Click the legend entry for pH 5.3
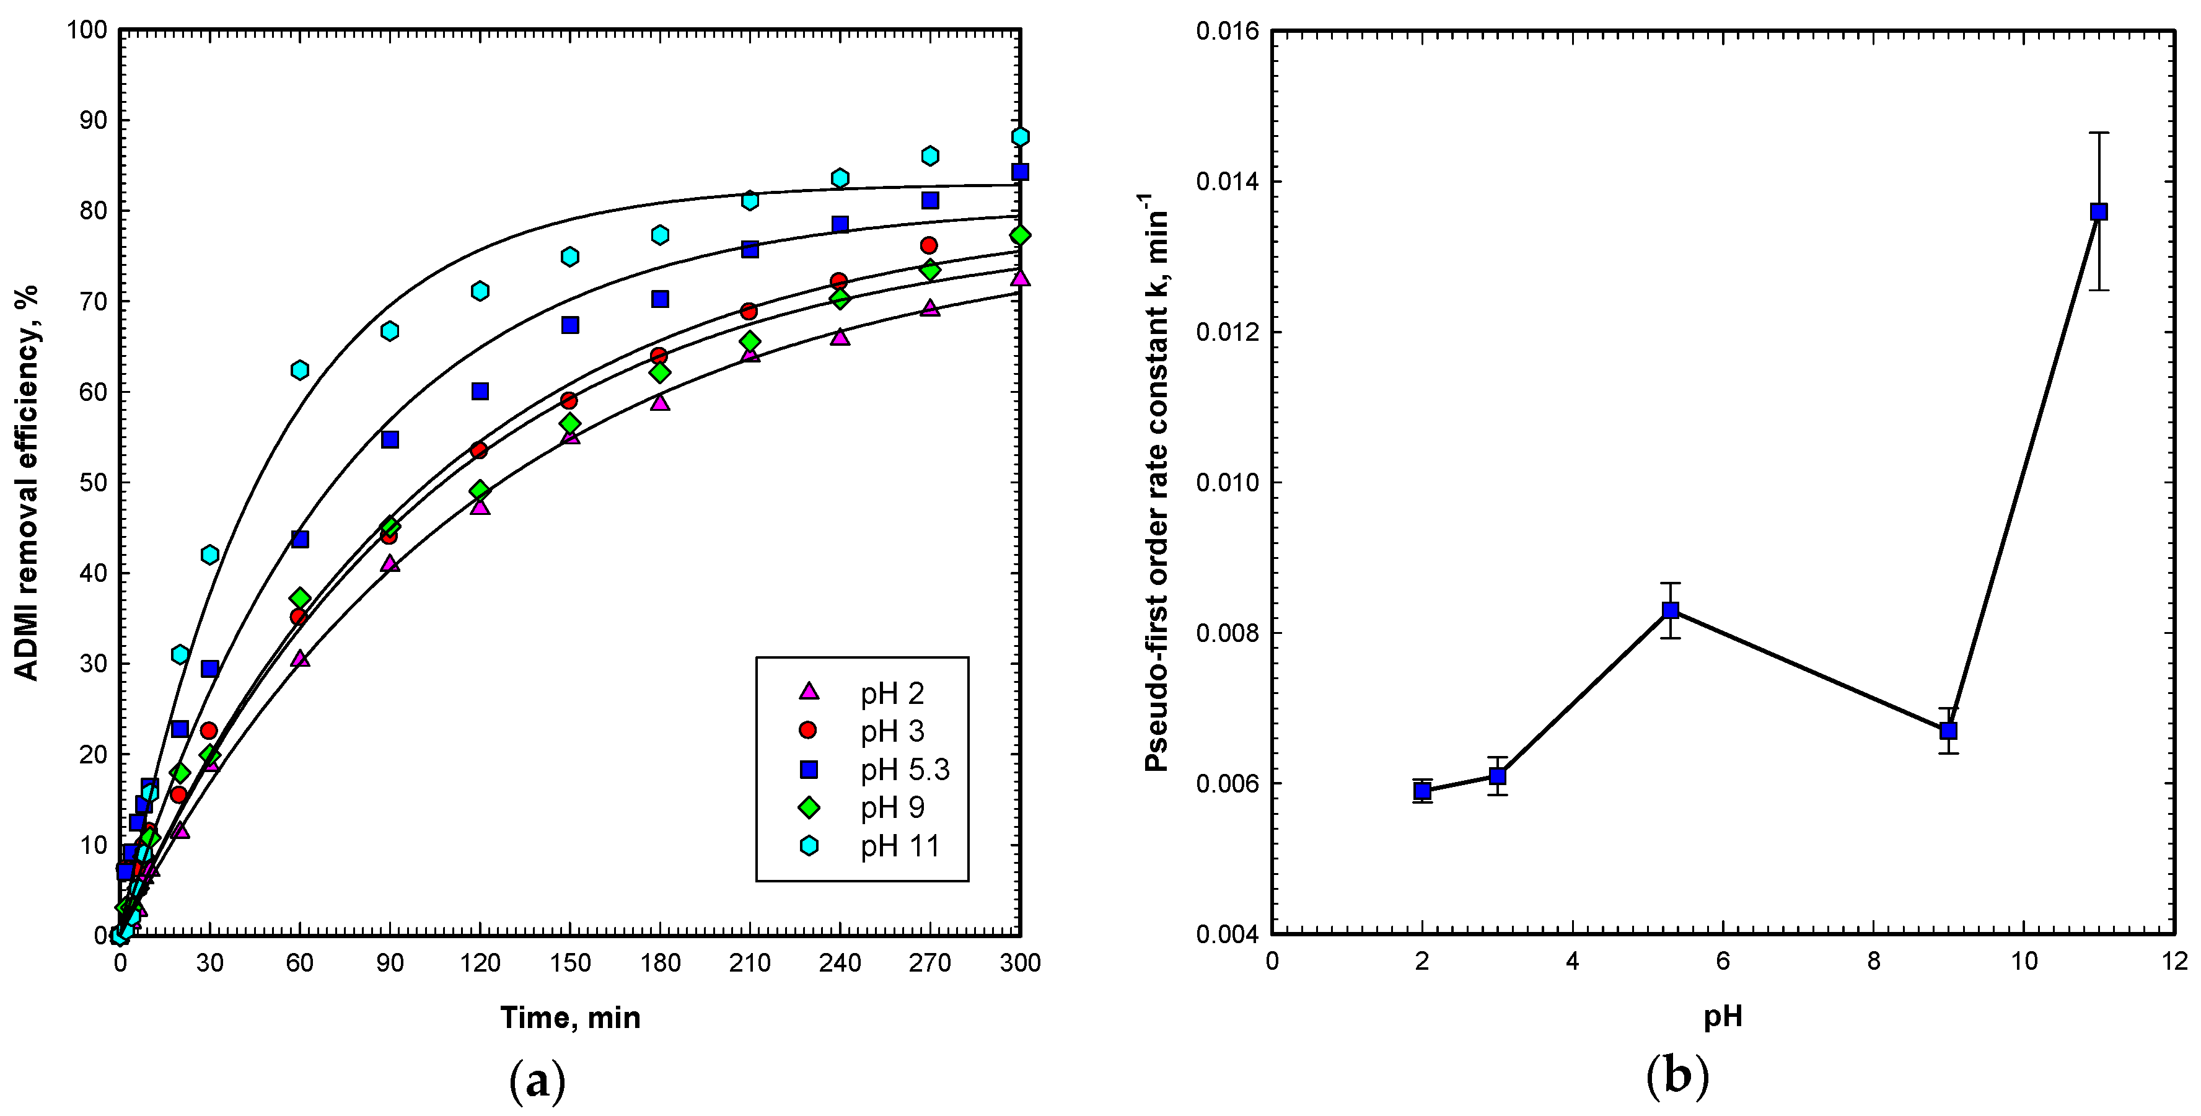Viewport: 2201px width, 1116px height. point(904,770)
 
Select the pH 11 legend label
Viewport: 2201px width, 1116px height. point(900,846)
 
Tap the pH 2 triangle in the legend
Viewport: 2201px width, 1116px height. point(808,692)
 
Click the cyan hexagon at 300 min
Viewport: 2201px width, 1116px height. point(1019,137)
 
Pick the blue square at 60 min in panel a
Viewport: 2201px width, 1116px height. point(300,539)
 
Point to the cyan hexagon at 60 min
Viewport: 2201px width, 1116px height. point(300,370)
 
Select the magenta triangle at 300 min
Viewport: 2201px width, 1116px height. point(1019,278)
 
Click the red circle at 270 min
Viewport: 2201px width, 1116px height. point(929,245)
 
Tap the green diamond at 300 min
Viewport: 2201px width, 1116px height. point(1019,235)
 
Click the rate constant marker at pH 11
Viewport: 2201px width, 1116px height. point(2098,212)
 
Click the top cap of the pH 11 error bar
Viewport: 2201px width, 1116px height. point(2098,133)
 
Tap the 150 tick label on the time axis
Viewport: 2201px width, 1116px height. point(570,963)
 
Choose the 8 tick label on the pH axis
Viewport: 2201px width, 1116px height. point(1873,961)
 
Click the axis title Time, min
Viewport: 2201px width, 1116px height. point(570,1017)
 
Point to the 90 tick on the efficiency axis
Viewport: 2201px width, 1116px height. point(94,120)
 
